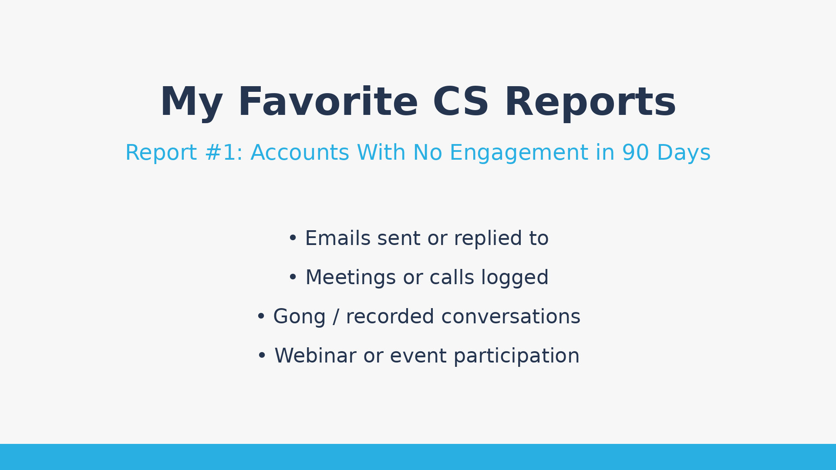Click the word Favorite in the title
(327, 103)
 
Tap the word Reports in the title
(590, 103)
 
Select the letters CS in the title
(461, 103)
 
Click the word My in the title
(191, 103)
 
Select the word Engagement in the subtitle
(519, 153)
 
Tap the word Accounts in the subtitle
(300, 153)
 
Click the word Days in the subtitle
(683, 153)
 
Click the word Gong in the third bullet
(299, 317)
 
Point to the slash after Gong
(335, 317)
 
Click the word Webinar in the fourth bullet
(315, 356)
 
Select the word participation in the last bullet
(516, 356)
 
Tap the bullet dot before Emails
(293, 238)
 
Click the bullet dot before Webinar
(262, 356)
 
